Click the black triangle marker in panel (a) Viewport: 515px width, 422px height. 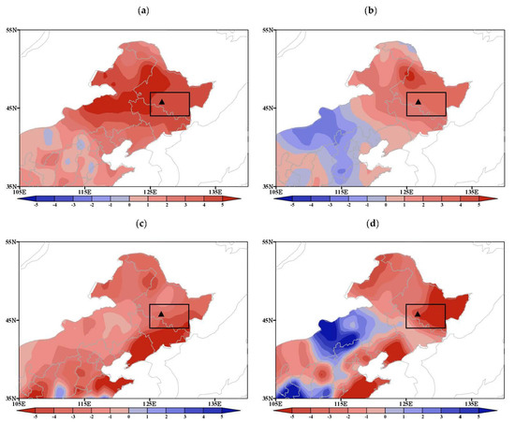pos(162,101)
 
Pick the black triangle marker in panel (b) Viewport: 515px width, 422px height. pos(419,101)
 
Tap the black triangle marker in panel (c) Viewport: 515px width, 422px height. pos(162,313)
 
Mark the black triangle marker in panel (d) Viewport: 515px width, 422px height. pos(418,313)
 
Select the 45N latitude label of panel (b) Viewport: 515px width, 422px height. pos(265,109)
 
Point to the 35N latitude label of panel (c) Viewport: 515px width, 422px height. pos(8,399)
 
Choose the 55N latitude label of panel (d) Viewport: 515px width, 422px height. pos(265,242)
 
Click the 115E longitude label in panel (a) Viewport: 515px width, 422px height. pos(83,192)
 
